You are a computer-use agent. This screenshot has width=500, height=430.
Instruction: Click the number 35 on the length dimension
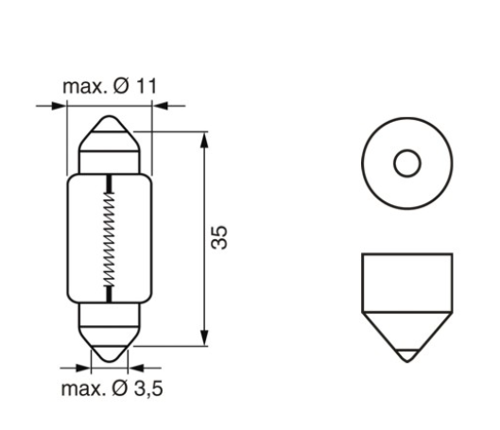coord(219,238)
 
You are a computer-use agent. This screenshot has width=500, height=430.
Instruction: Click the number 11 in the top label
coord(146,87)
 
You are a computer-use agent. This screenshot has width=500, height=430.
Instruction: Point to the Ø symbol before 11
coord(123,87)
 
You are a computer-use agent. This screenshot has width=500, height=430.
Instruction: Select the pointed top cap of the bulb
coord(111,142)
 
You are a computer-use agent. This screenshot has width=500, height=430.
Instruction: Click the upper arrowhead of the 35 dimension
coord(204,138)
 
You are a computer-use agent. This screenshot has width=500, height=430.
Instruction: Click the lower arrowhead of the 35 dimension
coord(204,339)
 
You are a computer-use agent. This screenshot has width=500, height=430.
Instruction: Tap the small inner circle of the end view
coord(406,163)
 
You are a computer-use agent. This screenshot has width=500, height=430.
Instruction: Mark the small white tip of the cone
coord(406,356)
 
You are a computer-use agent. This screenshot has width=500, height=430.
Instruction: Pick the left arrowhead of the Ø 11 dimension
coord(62,106)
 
